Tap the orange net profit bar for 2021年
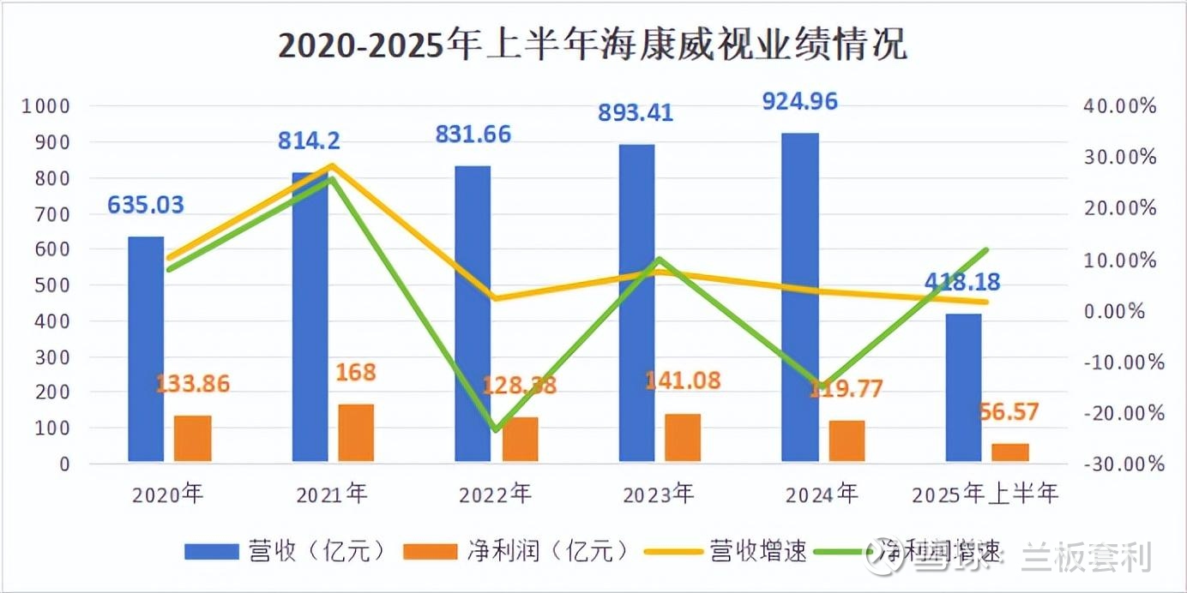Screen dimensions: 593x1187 click(x=356, y=433)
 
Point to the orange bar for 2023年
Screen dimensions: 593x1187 click(x=683, y=438)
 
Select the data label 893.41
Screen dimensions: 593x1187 click(x=636, y=112)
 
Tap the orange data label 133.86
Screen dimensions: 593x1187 click(x=192, y=384)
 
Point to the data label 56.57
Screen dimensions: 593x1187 click(x=1009, y=413)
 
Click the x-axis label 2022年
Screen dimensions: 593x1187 click(x=495, y=494)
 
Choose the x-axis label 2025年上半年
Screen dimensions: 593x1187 click(x=985, y=494)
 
